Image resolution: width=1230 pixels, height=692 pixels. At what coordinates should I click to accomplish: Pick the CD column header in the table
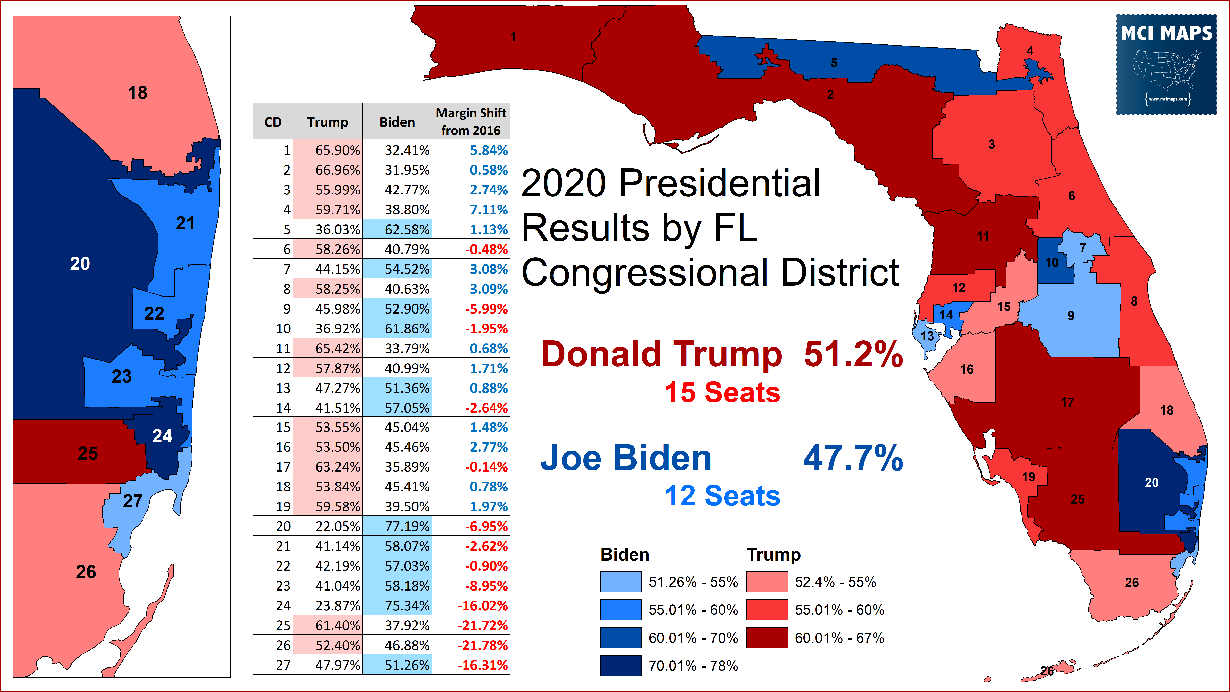pyautogui.click(x=273, y=122)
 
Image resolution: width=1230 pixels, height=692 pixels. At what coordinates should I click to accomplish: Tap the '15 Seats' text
pyautogui.click(x=722, y=393)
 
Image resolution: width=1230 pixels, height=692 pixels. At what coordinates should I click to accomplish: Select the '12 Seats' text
pyautogui.click(x=722, y=496)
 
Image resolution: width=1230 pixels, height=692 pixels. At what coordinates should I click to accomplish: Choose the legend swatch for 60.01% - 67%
pyautogui.click(x=767, y=637)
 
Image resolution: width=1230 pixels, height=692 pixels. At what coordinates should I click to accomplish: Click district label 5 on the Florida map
pyautogui.click(x=834, y=63)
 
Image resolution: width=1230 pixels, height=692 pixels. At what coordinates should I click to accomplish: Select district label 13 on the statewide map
pyautogui.click(x=927, y=336)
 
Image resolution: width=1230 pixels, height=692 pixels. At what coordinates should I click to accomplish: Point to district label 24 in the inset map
pyautogui.click(x=162, y=435)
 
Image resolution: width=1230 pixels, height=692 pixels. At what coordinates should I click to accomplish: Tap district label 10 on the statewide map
pyautogui.click(x=1052, y=262)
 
